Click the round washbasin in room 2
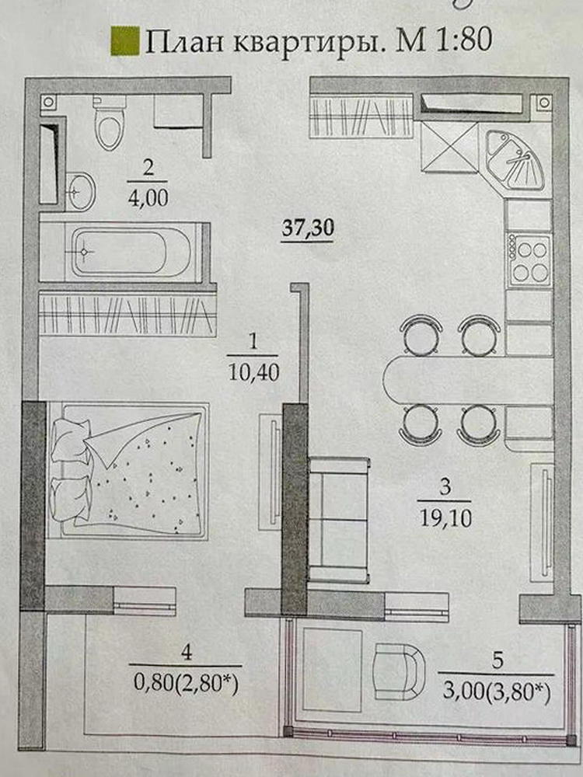click(80, 190)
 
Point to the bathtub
click(131, 252)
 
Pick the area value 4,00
click(148, 198)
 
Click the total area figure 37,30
click(307, 228)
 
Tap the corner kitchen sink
click(514, 159)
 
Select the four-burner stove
click(529, 260)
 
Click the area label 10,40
click(253, 371)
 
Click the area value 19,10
click(445, 518)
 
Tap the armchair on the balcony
click(399, 671)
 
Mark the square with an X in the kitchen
click(449, 147)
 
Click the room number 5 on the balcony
click(497, 660)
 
